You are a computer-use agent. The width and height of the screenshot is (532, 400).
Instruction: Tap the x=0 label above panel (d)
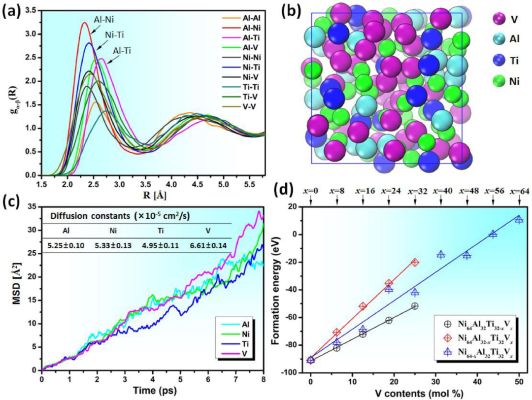(x=310, y=192)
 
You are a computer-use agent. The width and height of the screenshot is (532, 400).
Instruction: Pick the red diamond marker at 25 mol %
(x=415, y=263)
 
